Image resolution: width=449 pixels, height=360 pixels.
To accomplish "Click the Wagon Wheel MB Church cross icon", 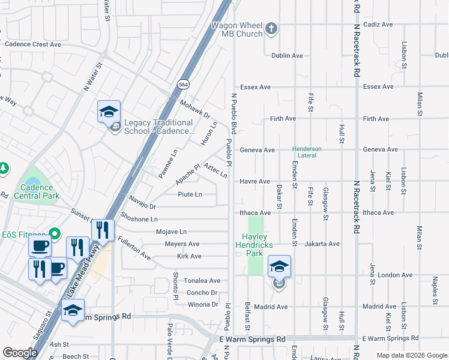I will coord(271,28).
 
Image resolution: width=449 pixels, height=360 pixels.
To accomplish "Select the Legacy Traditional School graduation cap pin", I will coord(109,112).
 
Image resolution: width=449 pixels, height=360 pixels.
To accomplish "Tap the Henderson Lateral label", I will coord(307,152).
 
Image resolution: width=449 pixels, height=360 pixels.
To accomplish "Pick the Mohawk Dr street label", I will coord(195,109).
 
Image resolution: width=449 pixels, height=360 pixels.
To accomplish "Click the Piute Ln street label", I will coord(190,194).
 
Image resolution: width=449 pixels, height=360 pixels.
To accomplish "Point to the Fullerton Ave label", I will coord(134,247).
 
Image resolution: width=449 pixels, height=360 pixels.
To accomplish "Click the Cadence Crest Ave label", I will coord(33,44).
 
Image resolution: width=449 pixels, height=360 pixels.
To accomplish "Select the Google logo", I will coord(20,353).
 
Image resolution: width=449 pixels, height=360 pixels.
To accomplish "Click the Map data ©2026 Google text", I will coord(411,355).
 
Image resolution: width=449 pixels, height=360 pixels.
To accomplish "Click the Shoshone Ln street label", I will coord(139,220).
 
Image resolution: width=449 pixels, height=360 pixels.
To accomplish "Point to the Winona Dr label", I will coord(203,305).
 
